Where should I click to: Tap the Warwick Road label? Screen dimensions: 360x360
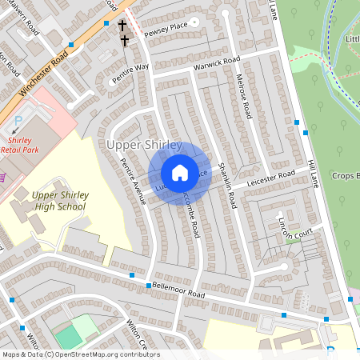point(216,62)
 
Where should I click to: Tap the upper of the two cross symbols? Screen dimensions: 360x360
point(122,26)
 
